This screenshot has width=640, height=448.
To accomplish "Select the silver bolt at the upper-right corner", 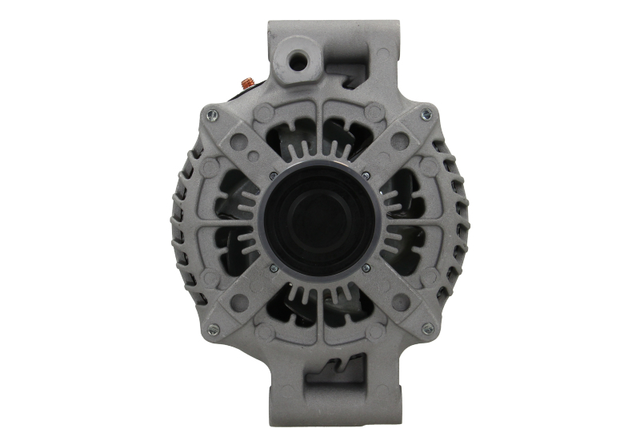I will pos(426,113).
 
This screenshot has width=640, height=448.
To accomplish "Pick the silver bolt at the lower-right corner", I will pos(427,327).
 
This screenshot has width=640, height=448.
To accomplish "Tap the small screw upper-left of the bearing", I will pos(274,176).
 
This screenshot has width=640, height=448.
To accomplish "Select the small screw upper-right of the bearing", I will pos(366,176).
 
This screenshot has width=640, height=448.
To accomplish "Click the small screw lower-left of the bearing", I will pos(274,268).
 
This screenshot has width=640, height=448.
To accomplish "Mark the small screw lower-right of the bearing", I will pos(366,268).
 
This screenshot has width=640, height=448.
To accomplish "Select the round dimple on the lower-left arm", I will pos(238,302).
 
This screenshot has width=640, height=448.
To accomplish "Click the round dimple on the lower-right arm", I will pos(402,302).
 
